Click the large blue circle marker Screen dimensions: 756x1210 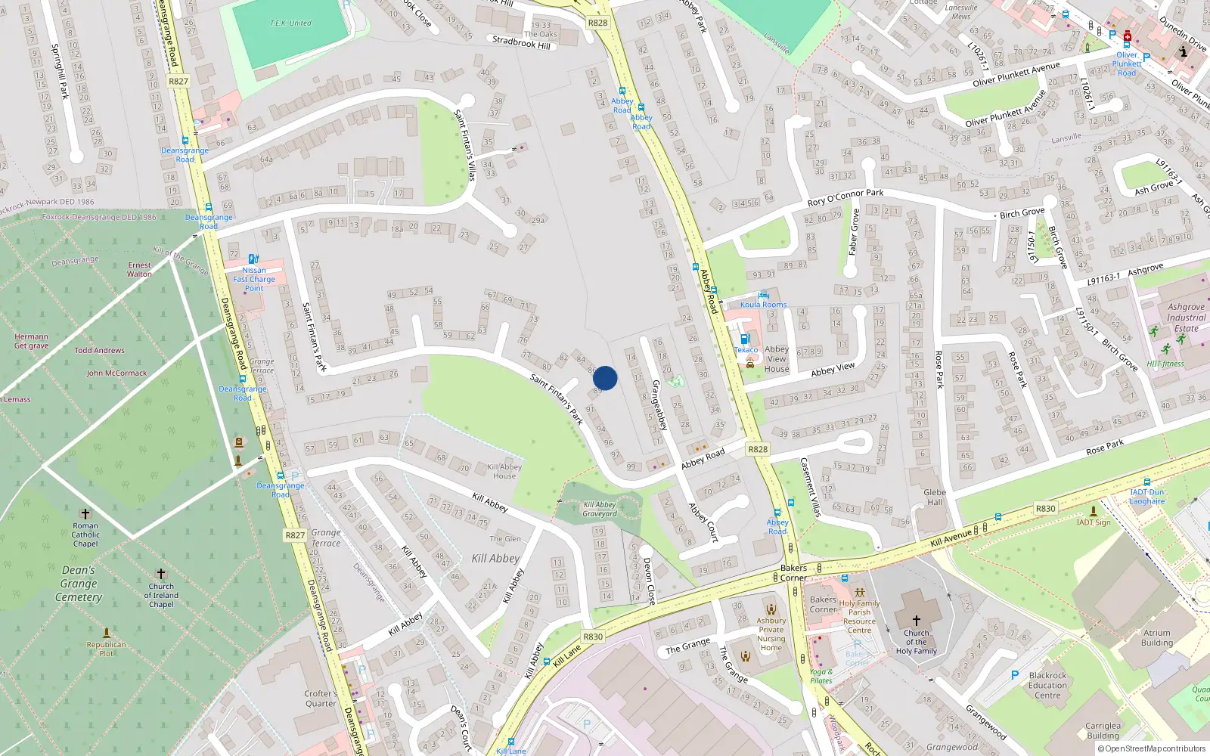605,378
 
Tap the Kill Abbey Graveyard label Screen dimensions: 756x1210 600,509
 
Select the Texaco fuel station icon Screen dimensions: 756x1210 745,339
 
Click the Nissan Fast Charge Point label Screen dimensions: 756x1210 254,279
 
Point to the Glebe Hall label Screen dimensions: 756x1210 935,497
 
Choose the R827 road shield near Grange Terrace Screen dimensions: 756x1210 295,534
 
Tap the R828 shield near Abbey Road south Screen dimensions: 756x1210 758,449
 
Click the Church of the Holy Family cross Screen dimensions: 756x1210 916,620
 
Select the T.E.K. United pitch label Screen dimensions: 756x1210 290,23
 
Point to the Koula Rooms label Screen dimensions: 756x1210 763,305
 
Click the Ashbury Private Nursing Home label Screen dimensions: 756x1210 771,634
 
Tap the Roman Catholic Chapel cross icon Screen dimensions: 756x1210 85,514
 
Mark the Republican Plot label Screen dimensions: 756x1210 107,649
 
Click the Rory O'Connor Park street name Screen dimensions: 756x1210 845,197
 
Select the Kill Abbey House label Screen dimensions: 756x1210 504,471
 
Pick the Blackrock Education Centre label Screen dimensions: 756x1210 1047,685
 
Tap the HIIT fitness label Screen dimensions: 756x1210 1165,364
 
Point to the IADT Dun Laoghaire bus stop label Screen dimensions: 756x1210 1147,496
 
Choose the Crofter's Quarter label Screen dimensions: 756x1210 321,698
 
